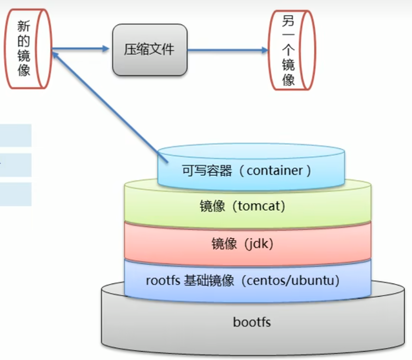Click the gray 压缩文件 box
pyautogui.click(x=149, y=50)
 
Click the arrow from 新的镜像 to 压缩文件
pyautogui.click(x=82, y=50)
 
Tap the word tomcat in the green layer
pyautogui.click(x=257, y=206)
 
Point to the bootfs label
pyautogui.click(x=252, y=321)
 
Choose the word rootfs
pyautogui.click(x=163, y=280)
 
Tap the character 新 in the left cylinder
pyautogui.click(x=24, y=26)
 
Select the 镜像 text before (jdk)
pyautogui.click(x=224, y=243)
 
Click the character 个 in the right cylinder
pyautogui.click(x=288, y=51)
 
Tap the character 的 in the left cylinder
pyautogui.click(x=24, y=41)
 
